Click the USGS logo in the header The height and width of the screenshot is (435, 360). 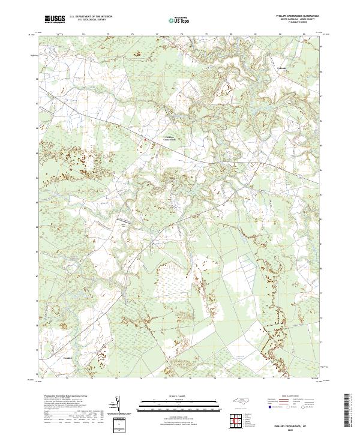click(x=55, y=19)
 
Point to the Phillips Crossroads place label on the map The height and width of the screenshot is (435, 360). click(x=170, y=138)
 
